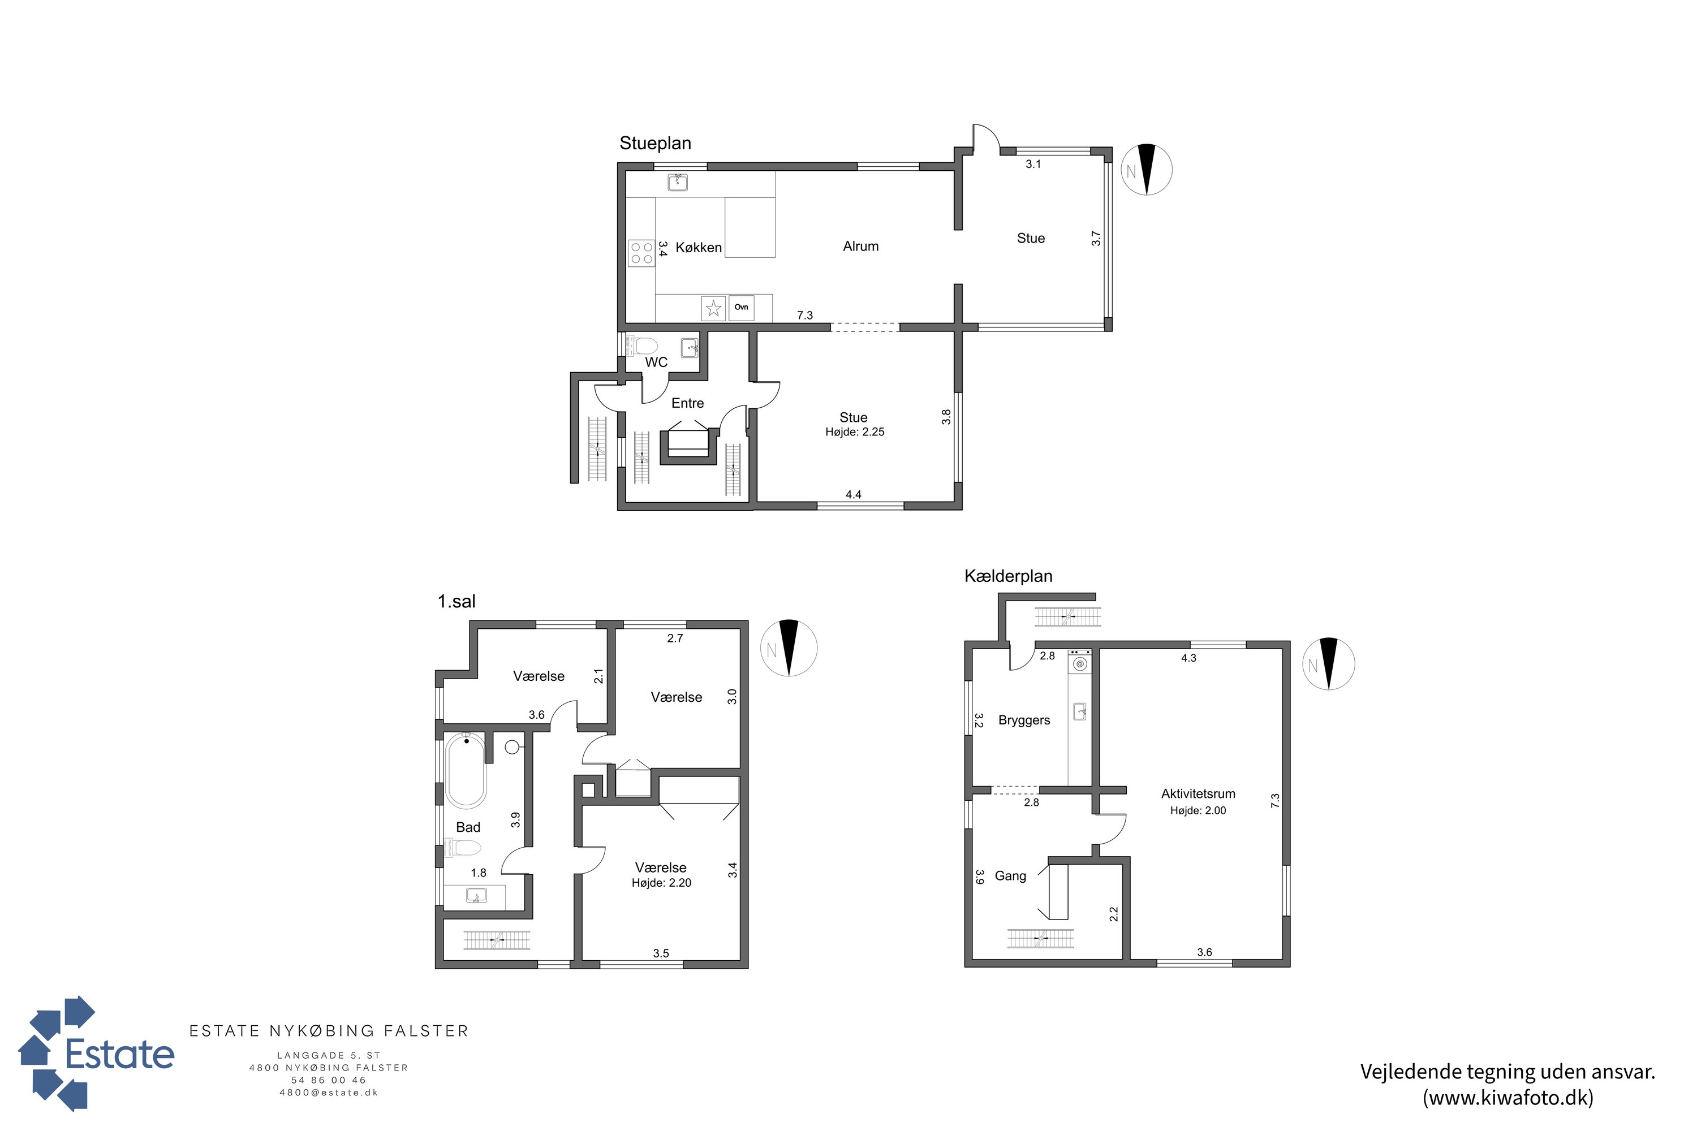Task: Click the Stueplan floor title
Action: coord(655,144)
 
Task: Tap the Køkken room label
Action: coord(699,248)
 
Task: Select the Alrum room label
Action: coord(861,246)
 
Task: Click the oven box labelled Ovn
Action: coord(741,307)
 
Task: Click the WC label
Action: coord(656,362)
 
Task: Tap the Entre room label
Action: coord(688,403)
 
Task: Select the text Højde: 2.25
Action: coord(855,432)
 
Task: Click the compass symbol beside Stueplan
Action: coord(1146,170)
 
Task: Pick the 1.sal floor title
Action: coord(456,602)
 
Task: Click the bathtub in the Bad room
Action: coord(466,770)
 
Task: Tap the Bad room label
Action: coord(468,827)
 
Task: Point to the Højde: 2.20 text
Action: coord(662,883)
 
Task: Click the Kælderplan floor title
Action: coord(1008,576)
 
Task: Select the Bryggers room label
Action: coord(1024,720)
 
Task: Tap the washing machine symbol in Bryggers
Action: coord(1079,662)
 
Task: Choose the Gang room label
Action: coord(1010,875)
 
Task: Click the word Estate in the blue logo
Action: coord(120,1054)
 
